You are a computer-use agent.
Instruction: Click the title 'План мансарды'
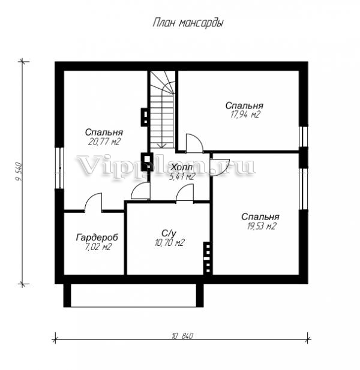[x=188, y=23]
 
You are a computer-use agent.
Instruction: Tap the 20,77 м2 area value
[x=104, y=142]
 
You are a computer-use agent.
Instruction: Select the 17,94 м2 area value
[x=244, y=115]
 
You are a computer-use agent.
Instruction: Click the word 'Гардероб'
[x=97, y=237]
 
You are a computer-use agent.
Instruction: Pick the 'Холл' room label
[x=182, y=167]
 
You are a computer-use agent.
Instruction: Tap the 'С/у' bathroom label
[x=169, y=233]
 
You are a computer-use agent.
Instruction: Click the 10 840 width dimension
[x=182, y=336]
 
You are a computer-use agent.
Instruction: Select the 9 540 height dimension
[x=19, y=172]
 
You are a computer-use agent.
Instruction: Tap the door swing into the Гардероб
[x=93, y=201]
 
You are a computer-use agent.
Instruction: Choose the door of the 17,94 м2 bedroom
[x=194, y=143]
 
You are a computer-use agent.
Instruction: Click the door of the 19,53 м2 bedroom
[x=220, y=167]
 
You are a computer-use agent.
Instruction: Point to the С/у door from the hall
[x=185, y=193]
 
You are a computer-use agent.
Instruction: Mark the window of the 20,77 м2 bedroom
[x=59, y=168]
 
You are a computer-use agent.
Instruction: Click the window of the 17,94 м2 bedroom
[x=304, y=137]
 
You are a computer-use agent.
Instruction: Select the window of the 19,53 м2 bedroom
[x=304, y=189]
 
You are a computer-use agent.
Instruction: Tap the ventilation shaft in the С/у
[x=208, y=258]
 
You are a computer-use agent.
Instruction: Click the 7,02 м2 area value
[x=97, y=247]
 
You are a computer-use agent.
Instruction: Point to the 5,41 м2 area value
[x=182, y=176]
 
